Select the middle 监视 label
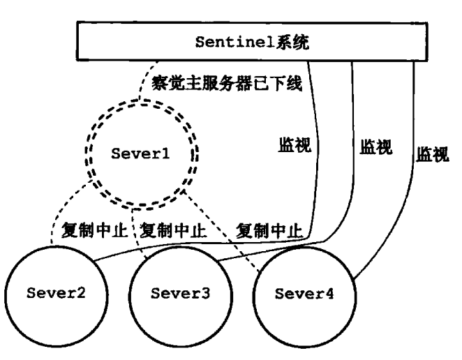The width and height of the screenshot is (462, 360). point(375,148)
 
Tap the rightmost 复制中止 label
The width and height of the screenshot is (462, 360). point(270,230)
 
